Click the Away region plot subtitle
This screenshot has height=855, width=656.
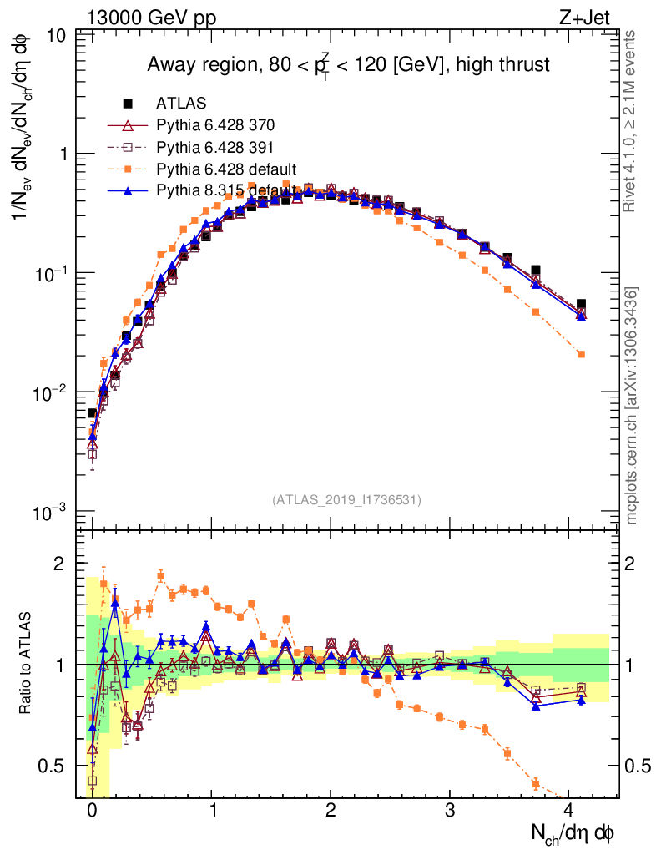point(348,65)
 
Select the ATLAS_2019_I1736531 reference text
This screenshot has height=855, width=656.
point(346,500)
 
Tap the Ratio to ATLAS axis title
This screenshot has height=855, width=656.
point(25,665)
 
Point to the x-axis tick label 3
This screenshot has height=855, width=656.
point(451,810)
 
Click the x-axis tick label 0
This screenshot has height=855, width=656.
point(92,810)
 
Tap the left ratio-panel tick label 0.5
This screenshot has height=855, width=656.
point(55,766)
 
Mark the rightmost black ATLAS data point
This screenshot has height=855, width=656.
point(581,304)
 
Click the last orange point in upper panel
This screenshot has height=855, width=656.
point(581,354)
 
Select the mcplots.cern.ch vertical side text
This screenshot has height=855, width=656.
point(632,406)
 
